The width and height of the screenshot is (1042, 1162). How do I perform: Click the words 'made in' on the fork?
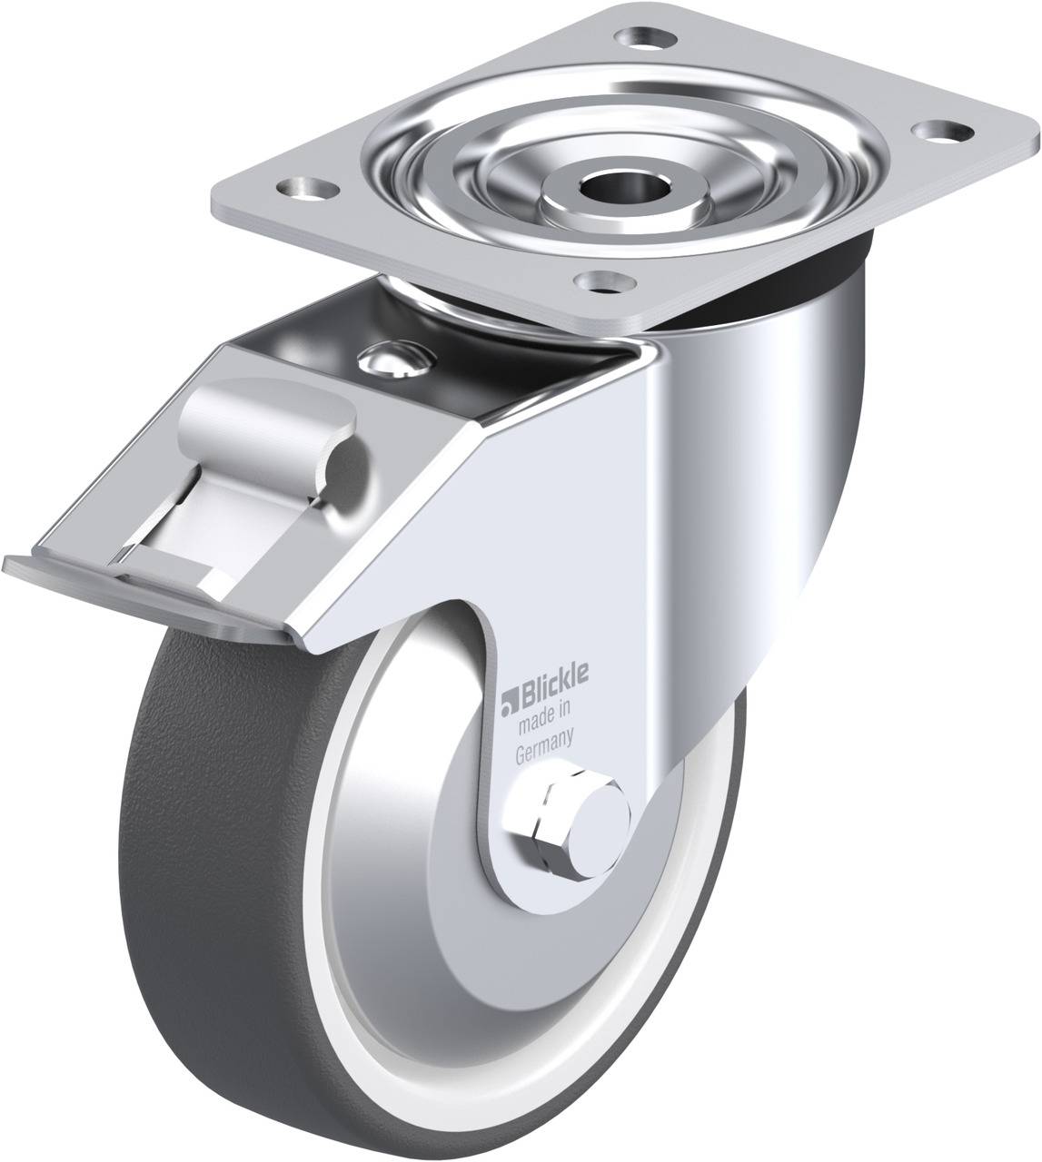tap(543, 699)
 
